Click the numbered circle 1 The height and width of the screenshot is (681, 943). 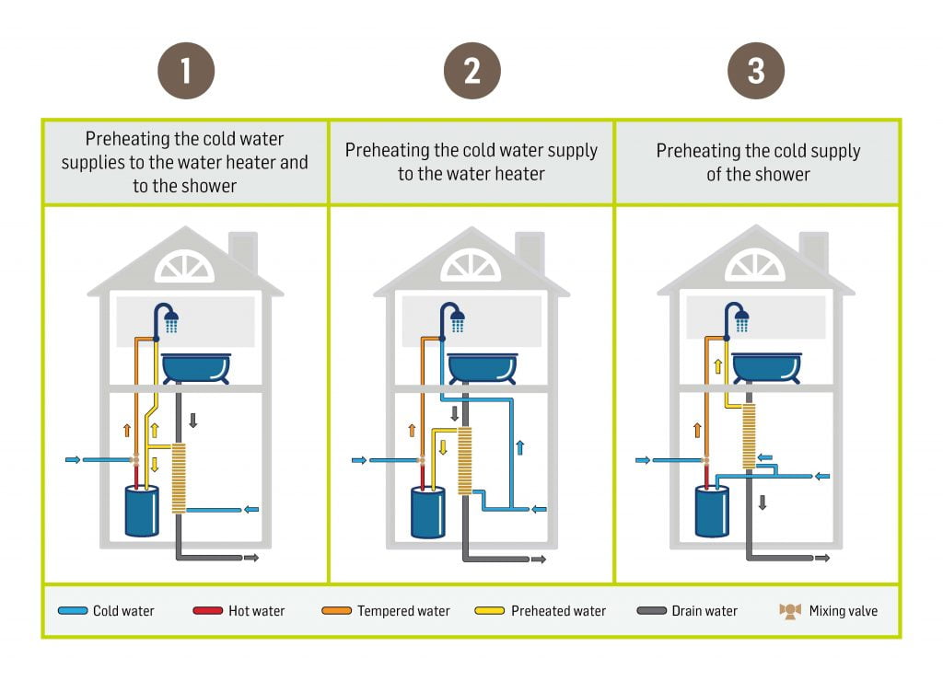point(186,71)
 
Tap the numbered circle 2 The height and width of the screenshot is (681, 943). point(471,71)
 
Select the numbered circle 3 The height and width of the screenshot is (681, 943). point(756,71)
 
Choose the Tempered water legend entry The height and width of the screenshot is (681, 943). point(386,611)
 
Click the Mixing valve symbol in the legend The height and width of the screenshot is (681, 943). point(790,611)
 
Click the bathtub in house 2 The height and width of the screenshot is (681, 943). point(482,367)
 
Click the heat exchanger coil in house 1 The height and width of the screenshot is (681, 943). point(179,477)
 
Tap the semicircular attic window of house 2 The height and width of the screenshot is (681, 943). point(471,267)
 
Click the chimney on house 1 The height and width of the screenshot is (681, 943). point(244,249)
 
